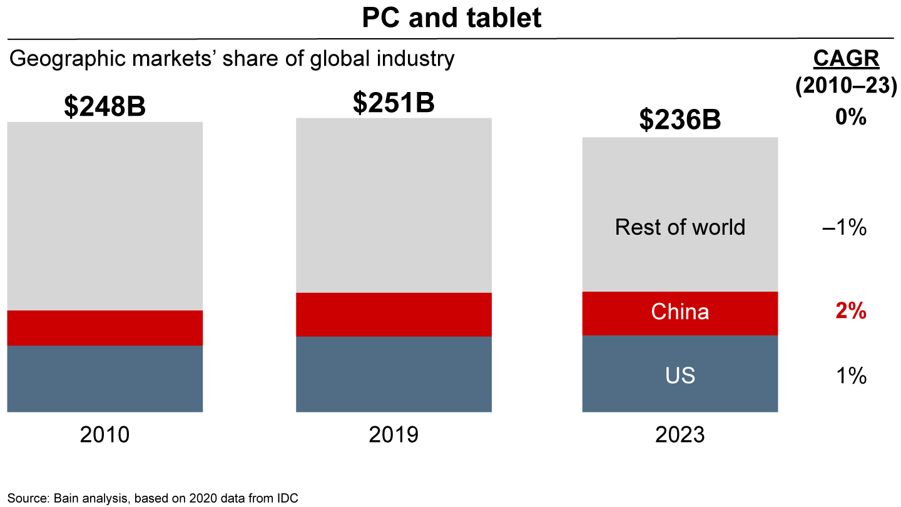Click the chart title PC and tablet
pos(451,18)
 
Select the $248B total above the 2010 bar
pos(104,106)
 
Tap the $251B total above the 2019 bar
pos(394,103)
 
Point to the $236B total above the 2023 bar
pos(680,120)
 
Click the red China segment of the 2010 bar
pos(104,328)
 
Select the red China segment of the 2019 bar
pos(394,315)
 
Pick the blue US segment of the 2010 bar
pos(104,379)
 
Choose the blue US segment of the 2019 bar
pos(394,374)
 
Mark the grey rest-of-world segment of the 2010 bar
pos(104,216)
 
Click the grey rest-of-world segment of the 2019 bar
pos(394,205)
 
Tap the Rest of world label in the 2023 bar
pos(680,227)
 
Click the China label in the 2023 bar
pos(680,312)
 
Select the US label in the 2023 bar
pos(680,376)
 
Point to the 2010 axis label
pos(104,434)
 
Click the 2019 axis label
pos(394,434)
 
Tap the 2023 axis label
pos(680,434)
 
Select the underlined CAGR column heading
pos(846,59)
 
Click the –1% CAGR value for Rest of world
pos(845,228)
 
